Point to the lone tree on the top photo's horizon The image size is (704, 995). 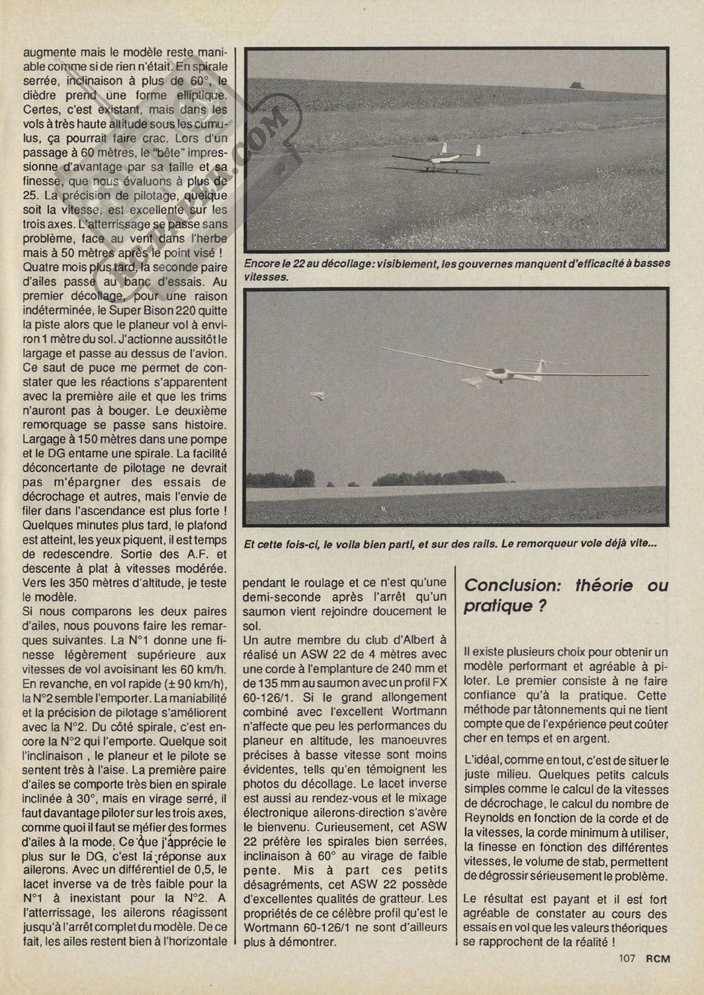pos(573,85)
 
